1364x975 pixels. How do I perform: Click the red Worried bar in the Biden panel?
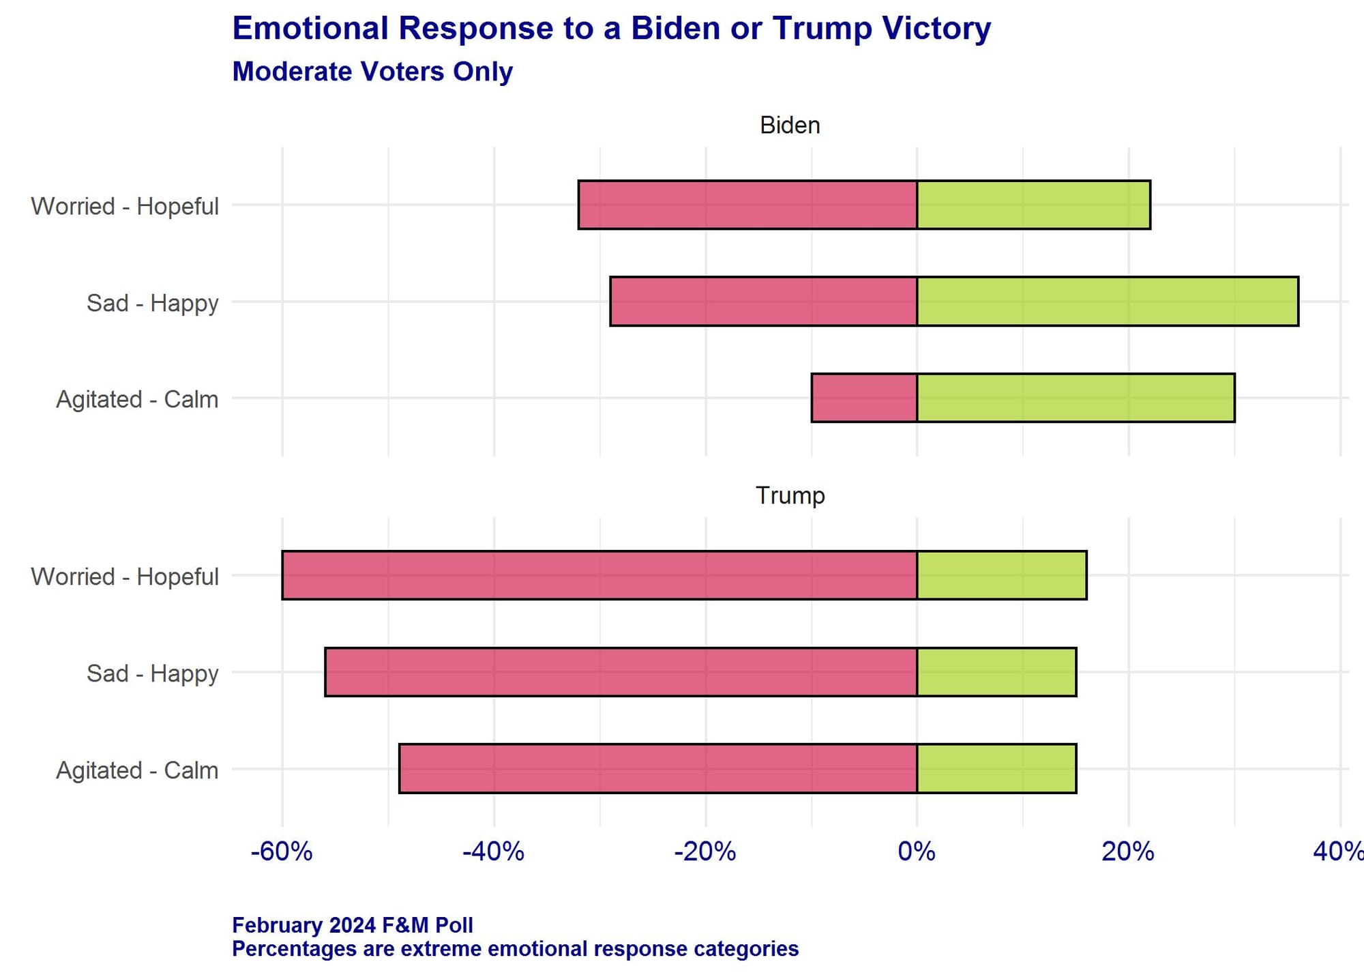(x=747, y=205)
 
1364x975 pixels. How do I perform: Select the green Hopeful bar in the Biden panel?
(x=1033, y=205)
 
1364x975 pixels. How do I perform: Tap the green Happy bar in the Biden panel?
(x=1107, y=301)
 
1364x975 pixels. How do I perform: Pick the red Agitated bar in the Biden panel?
(x=864, y=398)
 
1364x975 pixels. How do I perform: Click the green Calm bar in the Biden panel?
(x=1076, y=398)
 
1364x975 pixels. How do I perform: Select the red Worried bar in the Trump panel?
(x=599, y=575)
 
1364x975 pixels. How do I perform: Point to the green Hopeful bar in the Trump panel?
(x=1001, y=575)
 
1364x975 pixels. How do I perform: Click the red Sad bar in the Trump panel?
(x=621, y=672)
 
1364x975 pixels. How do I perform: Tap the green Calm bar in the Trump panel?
(x=996, y=768)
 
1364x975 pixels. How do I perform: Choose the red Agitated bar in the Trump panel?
(x=657, y=768)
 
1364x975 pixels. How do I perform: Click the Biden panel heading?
(x=790, y=126)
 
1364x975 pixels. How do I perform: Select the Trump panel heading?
(x=790, y=495)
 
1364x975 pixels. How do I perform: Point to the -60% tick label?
(x=281, y=852)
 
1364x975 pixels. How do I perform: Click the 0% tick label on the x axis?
(x=916, y=852)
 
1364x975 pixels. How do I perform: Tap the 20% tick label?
(x=1127, y=852)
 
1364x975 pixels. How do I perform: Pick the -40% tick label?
(x=493, y=852)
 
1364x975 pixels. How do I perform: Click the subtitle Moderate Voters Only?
(x=372, y=72)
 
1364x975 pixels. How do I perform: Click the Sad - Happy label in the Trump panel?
(x=152, y=673)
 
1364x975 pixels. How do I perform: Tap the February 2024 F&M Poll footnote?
(x=352, y=925)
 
